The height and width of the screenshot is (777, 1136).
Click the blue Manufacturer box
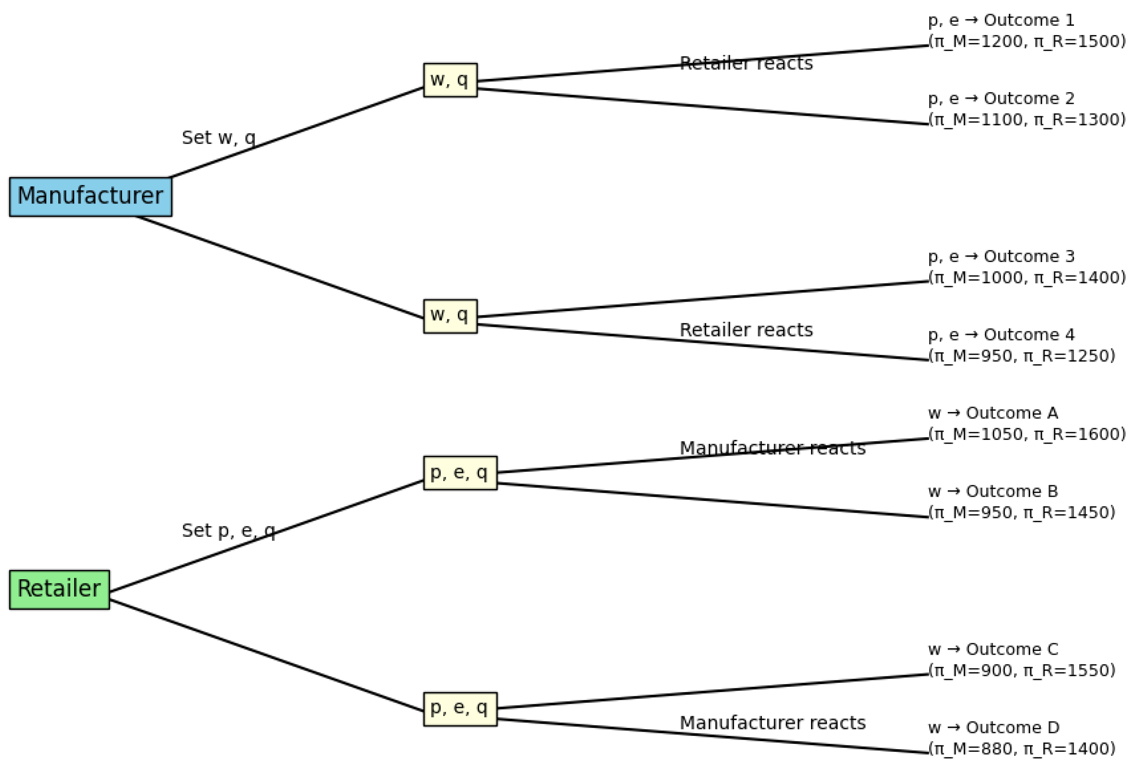click(x=90, y=197)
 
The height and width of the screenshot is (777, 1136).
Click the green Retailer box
click(x=59, y=589)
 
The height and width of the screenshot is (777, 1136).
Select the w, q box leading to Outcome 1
click(x=450, y=80)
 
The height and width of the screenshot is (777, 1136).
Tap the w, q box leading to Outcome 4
click(x=450, y=316)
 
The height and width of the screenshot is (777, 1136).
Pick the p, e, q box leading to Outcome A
click(x=459, y=473)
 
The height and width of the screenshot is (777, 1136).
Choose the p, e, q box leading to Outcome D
click(x=459, y=708)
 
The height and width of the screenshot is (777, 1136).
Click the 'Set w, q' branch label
click(x=218, y=138)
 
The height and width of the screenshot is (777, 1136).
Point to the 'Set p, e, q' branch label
click(x=228, y=531)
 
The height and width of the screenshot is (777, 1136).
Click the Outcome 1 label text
click(x=1001, y=20)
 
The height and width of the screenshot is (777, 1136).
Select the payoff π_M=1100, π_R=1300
click(x=1027, y=120)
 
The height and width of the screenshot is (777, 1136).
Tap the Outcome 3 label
click(x=1001, y=256)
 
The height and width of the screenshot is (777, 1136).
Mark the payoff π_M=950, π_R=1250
click(x=1022, y=356)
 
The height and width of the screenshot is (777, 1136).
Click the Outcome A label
click(x=992, y=413)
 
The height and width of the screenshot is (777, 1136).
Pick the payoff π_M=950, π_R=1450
click(x=1022, y=513)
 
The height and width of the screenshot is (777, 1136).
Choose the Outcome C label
click(x=992, y=649)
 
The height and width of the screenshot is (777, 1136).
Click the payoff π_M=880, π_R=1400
click(x=1022, y=749)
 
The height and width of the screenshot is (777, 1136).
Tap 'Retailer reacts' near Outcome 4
click(x=746, y=330)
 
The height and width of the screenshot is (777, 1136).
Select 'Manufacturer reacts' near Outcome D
click(x=772, y=723)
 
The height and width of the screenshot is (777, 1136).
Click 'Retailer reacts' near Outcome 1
click(x=746, y=64)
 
